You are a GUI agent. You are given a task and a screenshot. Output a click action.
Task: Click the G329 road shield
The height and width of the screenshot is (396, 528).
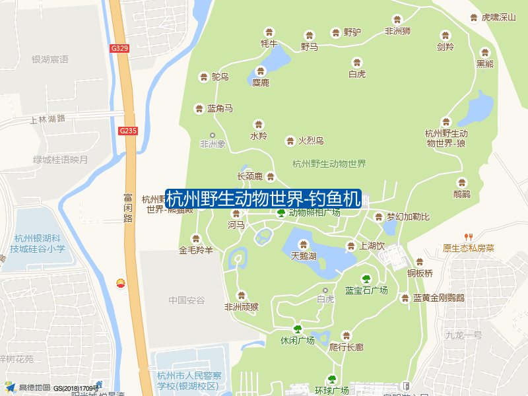[119, 48]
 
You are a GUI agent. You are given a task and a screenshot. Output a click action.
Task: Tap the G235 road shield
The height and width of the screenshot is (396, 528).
[128, 131]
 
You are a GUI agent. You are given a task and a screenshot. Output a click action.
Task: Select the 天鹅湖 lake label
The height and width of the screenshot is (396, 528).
[304, 255]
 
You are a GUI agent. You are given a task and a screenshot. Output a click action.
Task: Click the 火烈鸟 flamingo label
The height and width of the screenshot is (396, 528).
[310, 141]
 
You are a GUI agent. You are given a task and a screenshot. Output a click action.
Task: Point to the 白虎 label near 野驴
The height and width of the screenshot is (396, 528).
[357, 74]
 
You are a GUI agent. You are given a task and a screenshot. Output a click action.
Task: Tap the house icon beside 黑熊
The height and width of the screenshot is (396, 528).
[485, 52]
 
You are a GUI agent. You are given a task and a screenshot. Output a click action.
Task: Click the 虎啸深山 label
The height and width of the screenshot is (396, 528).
[498, 18]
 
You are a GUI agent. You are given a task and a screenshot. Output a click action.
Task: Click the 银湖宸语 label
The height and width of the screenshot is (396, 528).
[50, 59]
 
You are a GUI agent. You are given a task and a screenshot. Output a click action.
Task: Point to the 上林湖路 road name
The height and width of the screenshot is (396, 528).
[48, 119]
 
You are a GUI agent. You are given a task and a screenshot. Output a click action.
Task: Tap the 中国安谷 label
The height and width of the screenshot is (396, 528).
[187, 300]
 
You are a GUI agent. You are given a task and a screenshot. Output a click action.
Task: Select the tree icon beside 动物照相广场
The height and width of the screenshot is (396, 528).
[281, 213]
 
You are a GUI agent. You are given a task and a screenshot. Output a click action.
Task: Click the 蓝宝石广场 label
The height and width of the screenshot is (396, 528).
[366, 290]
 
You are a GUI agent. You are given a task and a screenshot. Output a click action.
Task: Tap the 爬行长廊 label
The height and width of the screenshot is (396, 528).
[346, 347]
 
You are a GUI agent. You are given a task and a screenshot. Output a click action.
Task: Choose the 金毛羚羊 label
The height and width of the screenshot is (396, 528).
[196, 250]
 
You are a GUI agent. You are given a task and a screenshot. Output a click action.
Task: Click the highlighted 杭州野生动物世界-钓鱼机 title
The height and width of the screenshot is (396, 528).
[263, 198]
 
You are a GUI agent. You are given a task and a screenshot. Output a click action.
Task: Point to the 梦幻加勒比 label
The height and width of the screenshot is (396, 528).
[408, 216]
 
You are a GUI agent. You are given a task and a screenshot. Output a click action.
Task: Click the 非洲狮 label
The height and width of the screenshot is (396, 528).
[397, 30]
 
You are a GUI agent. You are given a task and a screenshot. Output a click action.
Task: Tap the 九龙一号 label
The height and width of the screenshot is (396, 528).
[463, 335]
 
